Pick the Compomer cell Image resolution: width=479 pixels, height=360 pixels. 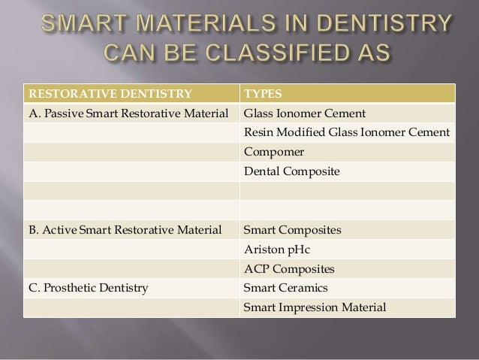coord(270,153)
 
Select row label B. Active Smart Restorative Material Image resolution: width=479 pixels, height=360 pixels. coord(124,230)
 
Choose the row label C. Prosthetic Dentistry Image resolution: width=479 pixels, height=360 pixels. coord(89,287)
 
